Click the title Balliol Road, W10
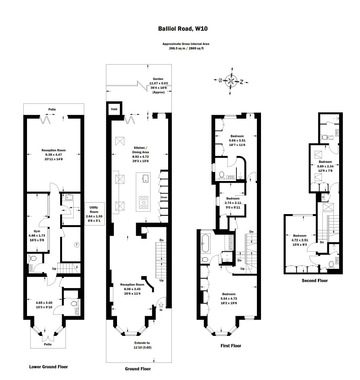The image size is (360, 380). pyautogui.click(x=180, y=29)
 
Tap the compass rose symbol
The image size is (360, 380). pyautogui.click(x=231, y=81)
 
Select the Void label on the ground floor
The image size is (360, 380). pyautogui.click(x=114, y=109)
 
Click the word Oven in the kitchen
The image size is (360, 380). pyautogui.click(x=164, y=198)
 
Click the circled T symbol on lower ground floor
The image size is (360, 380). pyautogui.click(x=76, y=245)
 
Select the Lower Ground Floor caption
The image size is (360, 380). pyautogui.click(x=48, y=367)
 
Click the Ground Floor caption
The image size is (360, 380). pyautogui.click(x=137, y=369)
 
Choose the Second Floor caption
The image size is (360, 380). pyautogui.click(x=315, y=281)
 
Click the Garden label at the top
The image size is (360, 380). pyautogui.click(x=158, y=79)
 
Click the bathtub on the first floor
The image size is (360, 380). pyautogui.click(x=205, y=242)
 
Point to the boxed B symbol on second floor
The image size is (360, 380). pyautogui.click(x=323, y=197)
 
